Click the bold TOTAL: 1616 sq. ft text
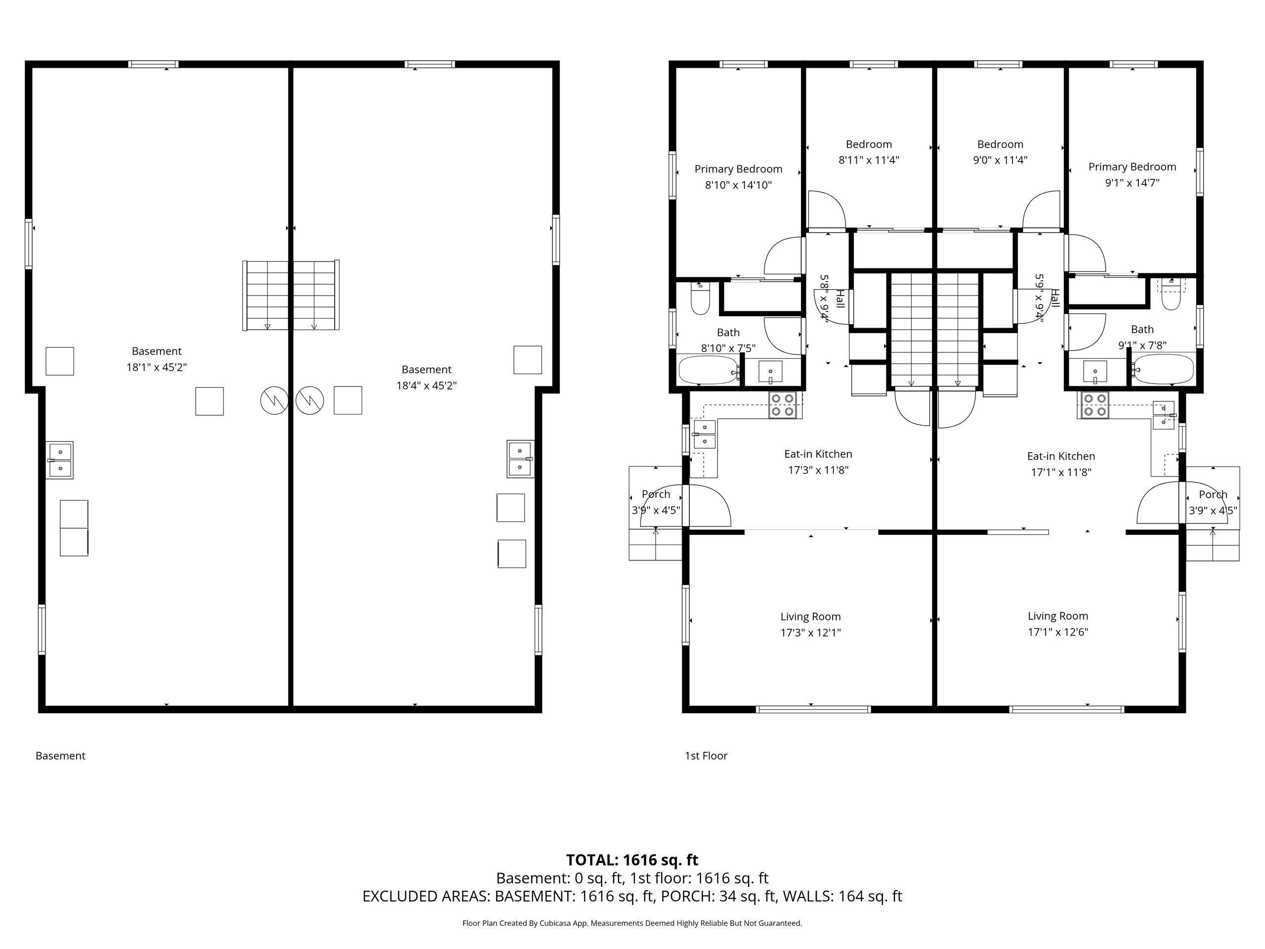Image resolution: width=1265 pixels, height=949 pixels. (x=632, y=860)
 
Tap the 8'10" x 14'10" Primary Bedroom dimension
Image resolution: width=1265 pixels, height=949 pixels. (x=738, y=185)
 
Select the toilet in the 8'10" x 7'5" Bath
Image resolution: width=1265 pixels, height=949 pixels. (x=701, y=298)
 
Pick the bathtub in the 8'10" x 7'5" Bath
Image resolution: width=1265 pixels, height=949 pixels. (x=709, y=370)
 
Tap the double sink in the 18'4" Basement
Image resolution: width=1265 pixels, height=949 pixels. (x=520, y=459)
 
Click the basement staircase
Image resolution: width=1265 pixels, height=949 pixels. (x=291, y=295)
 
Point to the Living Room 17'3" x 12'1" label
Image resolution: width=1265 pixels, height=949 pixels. (x=810, y=624)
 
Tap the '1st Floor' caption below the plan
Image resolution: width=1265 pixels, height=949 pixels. (x=706, y=756)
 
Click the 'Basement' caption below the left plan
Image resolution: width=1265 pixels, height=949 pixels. (x=61, y=756)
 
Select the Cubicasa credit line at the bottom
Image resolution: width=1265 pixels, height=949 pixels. (x=632, y=923)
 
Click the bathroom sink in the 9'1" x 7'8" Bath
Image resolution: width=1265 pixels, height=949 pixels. (x=1095, y=372)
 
